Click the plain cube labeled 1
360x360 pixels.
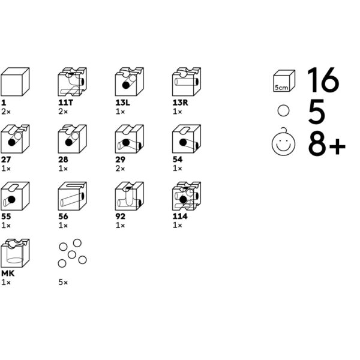point(15,82)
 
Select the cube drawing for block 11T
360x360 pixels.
point(72,82)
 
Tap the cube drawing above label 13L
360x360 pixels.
point(129,82)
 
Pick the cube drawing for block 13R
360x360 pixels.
point(186,82)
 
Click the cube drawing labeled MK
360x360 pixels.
point(15,253)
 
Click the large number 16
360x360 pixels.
point(323,81)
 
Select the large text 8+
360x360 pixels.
point(327,145)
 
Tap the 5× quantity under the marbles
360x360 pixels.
point(63,282)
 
